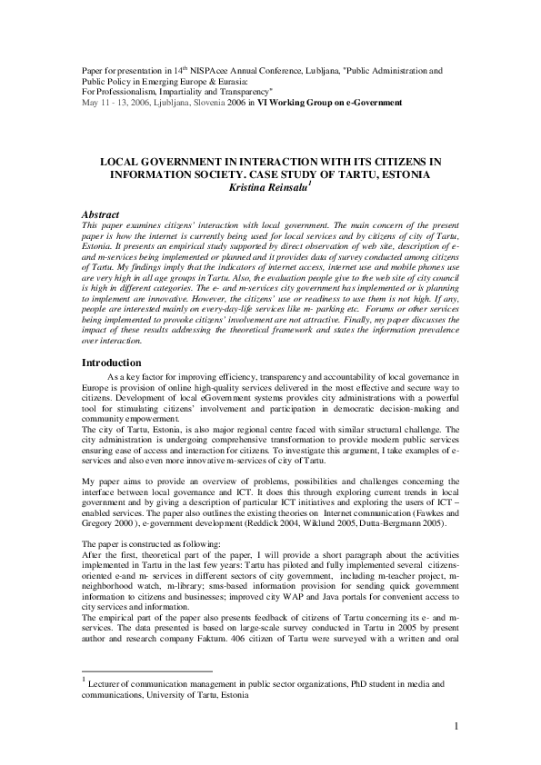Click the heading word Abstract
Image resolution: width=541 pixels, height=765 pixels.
point(100,214)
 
